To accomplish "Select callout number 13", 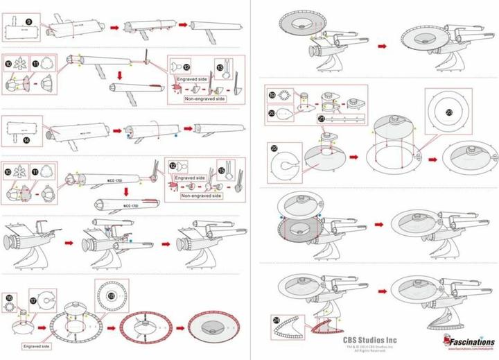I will (220, 67).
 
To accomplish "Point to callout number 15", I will (222, 169).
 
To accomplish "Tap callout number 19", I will (272, 95).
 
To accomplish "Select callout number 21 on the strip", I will (322, 119).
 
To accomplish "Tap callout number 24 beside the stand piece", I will (277, 320).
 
